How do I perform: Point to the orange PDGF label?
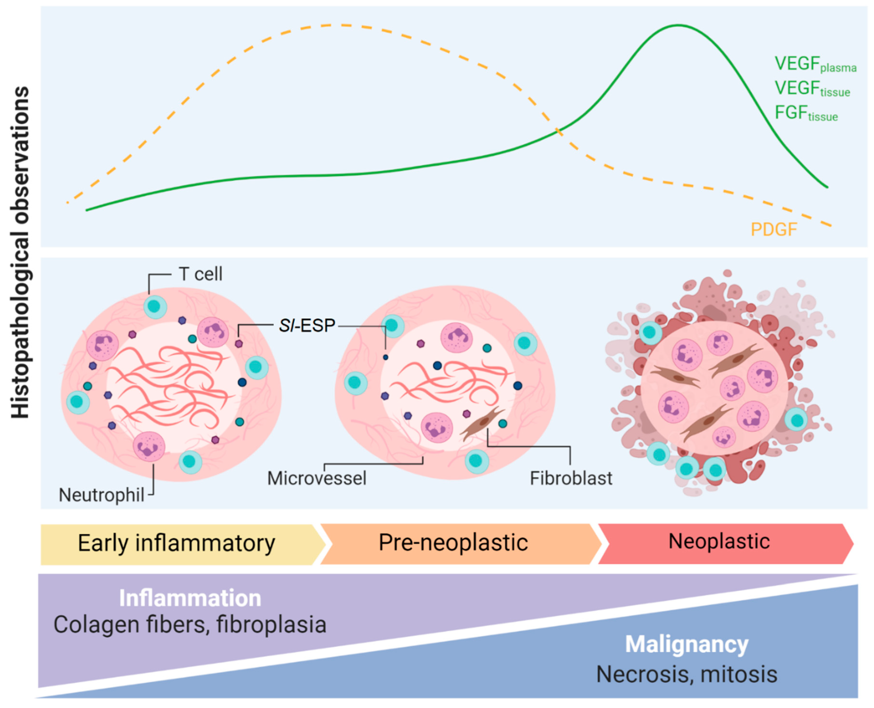773,230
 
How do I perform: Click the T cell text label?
200,274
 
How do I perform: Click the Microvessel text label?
317,478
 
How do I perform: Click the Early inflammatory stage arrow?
177,544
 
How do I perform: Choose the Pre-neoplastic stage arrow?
453,543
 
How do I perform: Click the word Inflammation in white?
190,598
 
